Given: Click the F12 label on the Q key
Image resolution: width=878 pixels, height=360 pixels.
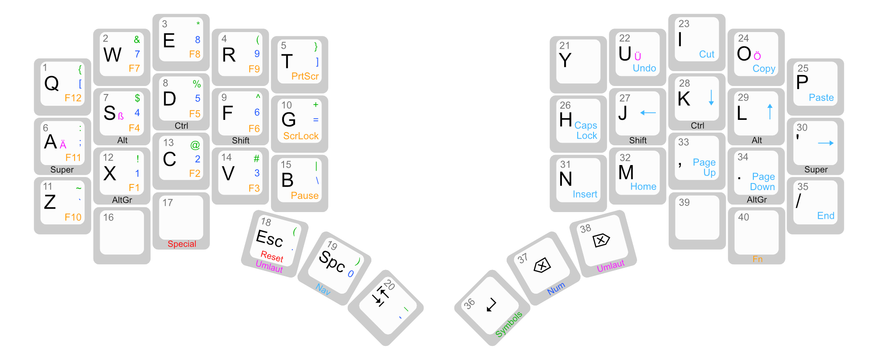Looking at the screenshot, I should [x=73, y=98].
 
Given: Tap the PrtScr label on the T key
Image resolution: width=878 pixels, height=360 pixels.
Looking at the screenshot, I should [x=305, y=76].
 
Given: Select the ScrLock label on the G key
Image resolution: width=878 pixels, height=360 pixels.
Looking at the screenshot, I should [x=301, y=136].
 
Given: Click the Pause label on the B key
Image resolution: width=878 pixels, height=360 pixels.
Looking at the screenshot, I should [x=305, y=196].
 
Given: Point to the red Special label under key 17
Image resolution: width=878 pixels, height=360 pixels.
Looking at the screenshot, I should [x=182, y=244].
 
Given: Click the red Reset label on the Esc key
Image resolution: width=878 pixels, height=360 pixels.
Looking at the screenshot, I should [x=272, y=256].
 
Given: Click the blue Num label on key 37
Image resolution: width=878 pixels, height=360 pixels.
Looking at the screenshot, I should [x=556, y=288].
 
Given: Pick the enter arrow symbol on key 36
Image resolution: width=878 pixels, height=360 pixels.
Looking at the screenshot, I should [x=491, y=305].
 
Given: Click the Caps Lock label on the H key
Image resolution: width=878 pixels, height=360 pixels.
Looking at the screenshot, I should [x=587, y=130].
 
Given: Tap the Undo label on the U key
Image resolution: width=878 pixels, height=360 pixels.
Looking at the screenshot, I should [x=644, y=68].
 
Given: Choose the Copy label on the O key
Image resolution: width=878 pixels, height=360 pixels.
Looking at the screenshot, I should [x=764, y=69].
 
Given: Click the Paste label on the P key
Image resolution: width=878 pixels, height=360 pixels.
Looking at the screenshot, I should [x=821, y=98].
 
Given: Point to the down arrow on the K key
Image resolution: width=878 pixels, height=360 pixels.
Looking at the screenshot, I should [x=711, y=97].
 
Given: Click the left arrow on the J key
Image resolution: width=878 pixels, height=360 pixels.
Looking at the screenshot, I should [x=648, y=113].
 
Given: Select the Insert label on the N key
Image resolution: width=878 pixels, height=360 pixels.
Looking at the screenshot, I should [x=585, y=194].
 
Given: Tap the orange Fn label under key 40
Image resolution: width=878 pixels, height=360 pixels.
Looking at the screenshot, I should [x=757, y=259].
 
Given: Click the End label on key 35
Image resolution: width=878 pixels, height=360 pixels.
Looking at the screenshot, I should [x=825, y=216].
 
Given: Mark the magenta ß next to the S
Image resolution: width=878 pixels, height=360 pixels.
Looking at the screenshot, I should [x=121, y=116].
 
